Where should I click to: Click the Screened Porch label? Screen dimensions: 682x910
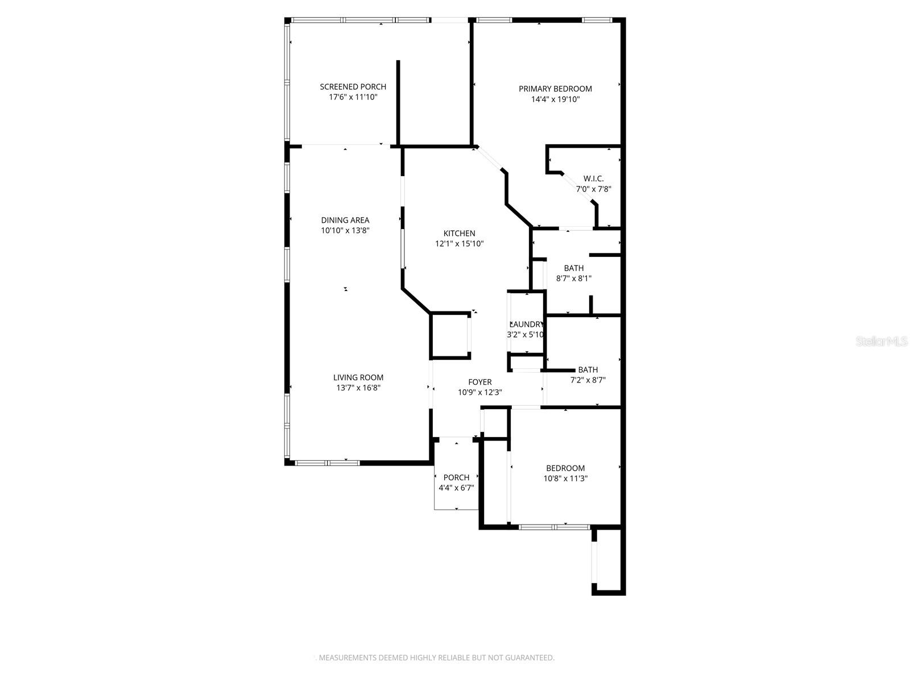[x=353, y=86]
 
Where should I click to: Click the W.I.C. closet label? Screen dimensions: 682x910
[x=593, y=178]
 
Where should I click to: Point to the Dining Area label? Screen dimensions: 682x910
[x=345, y=220]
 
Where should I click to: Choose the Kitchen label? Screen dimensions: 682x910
[x=459, y=233]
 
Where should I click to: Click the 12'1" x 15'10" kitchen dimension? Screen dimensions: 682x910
[x=459, y=244]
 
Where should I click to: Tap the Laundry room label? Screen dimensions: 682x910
[x=526, y=324]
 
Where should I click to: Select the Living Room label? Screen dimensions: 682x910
[x=358, y=377]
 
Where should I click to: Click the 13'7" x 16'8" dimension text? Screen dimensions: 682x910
[x=358, y=388]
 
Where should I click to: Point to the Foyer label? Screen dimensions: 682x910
[x=479, y=382]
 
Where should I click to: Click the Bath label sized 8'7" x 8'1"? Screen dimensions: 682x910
[x=574, y=268]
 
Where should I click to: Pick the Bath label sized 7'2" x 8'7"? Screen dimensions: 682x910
[x=588, y=369]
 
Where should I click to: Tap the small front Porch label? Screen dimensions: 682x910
[x=456, y=477]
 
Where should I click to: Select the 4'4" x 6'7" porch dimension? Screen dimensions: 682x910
[x=456, y=488]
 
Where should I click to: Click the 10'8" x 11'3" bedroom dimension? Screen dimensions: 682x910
[x=565, y=479]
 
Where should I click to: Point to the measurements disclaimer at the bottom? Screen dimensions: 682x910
[x=436, y=658]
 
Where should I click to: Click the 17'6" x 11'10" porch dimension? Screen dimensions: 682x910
[x=353, y=97]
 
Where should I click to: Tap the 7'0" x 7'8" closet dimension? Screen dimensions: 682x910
[x=593, y=189]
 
